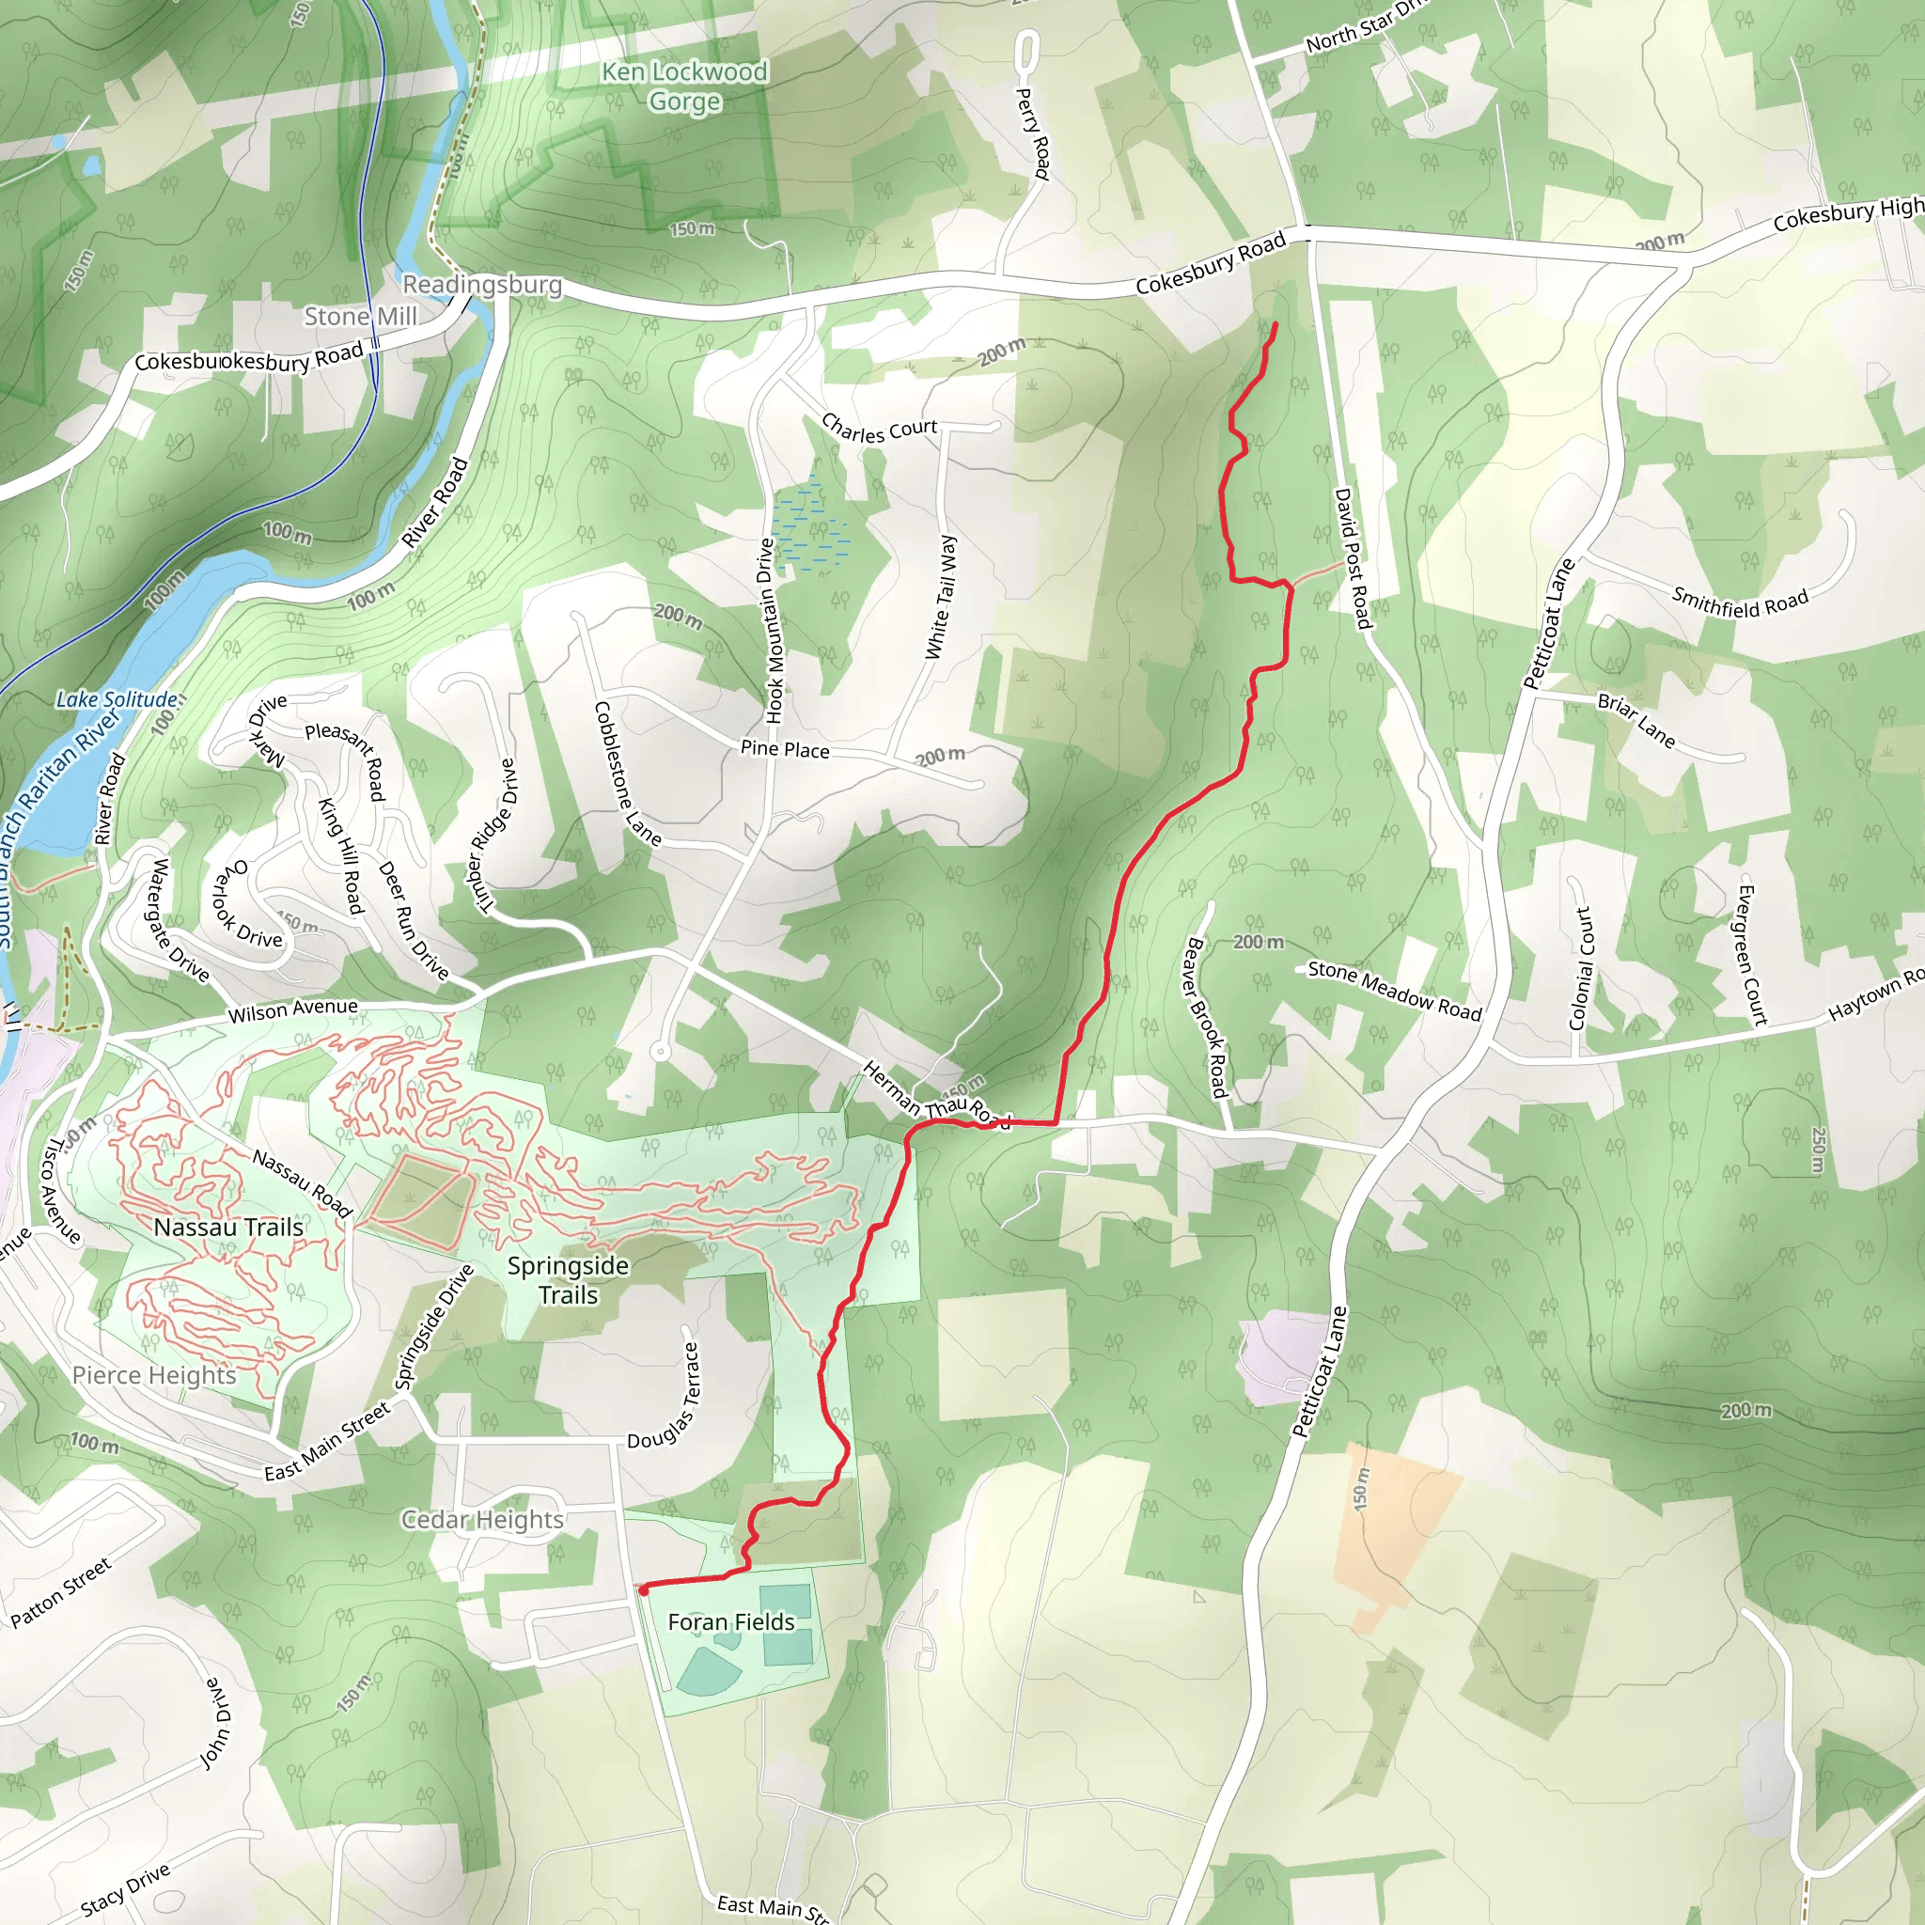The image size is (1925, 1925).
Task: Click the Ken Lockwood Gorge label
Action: pos(684,86)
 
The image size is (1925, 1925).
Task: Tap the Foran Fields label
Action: pos(731,1622)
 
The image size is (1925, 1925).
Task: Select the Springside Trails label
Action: pos(568,1279)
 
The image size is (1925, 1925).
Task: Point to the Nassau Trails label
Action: pos(228,1227)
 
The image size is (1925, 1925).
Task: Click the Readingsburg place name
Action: pos(482,285)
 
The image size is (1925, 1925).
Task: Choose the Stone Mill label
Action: pos(361,316)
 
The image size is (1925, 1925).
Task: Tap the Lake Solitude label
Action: pos(117,699)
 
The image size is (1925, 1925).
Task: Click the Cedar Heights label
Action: pos(482,1519)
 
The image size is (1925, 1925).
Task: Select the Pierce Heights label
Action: pos(154,1375)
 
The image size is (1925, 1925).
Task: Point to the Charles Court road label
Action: pos(879,430)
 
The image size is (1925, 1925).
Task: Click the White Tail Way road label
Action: pos(941,597)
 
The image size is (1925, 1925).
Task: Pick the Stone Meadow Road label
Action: pos(1395,991)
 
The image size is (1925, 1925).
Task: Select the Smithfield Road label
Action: pos(1740,602)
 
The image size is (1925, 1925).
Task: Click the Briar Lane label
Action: pos(1636,720)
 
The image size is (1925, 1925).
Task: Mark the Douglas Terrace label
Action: pos(665,1395)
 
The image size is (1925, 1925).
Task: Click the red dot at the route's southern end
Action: pos(644,1590)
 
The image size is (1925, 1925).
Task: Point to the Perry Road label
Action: pos(1033,133)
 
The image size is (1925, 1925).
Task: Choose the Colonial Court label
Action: pos(1580,968)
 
